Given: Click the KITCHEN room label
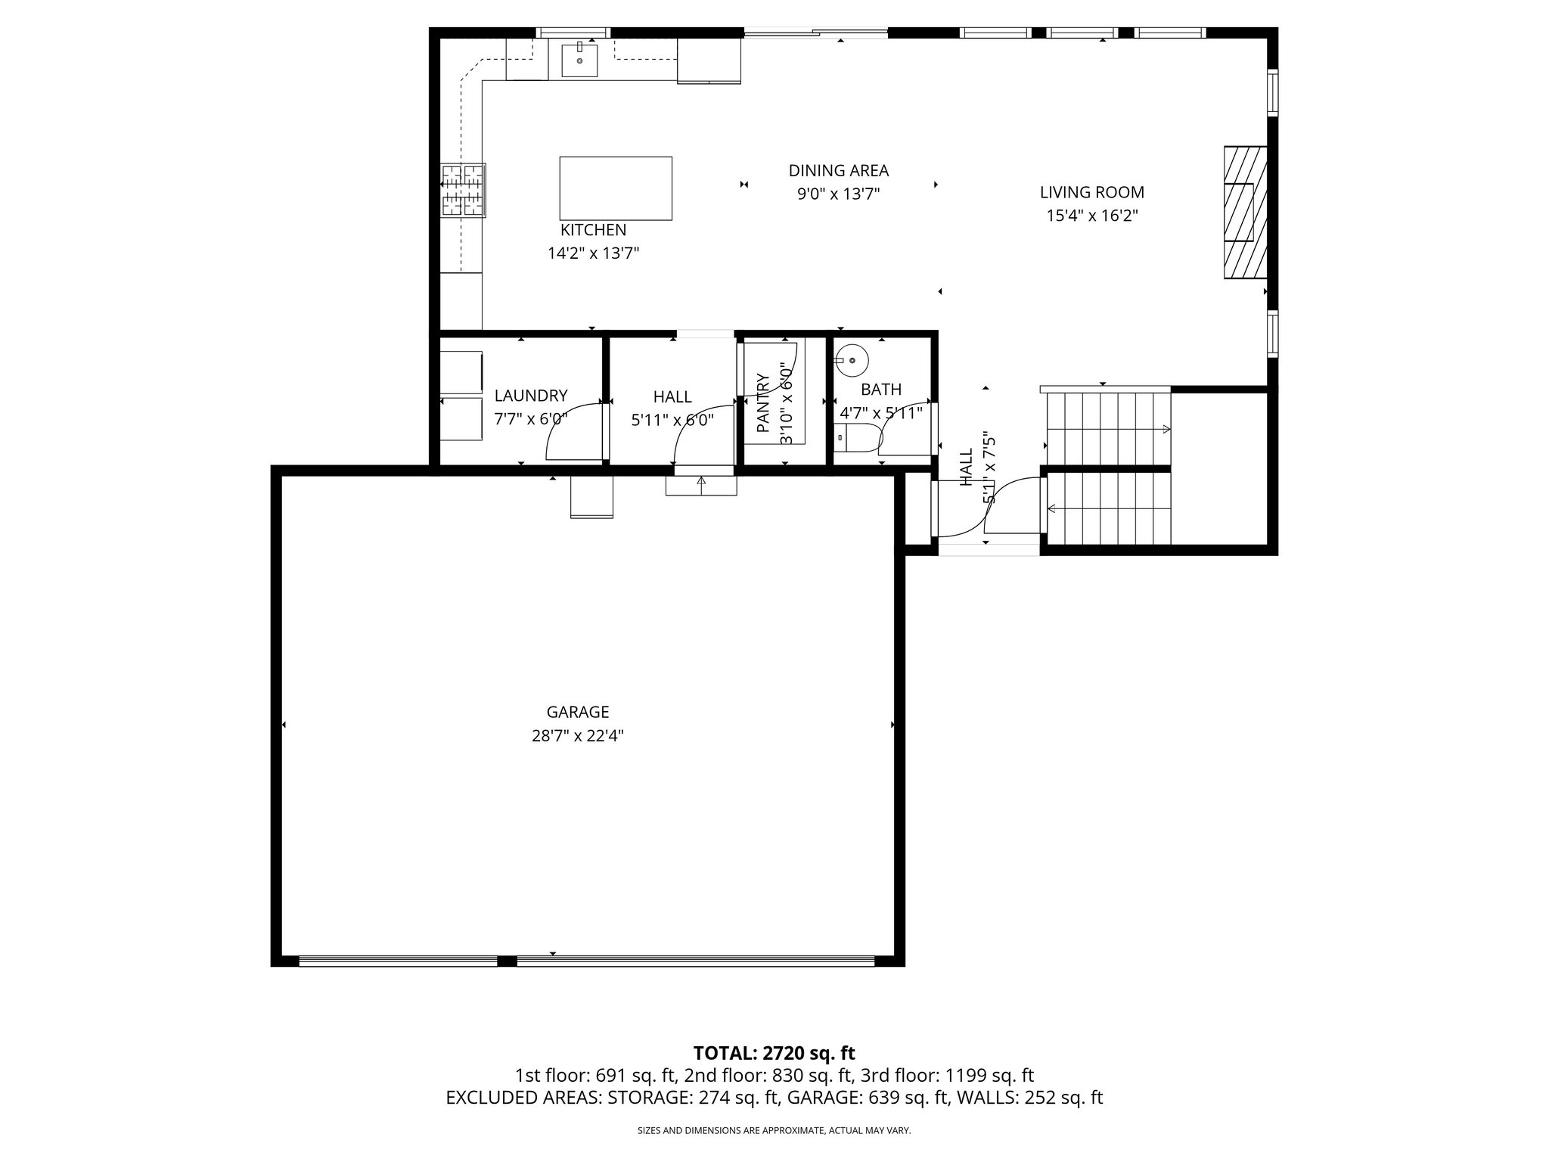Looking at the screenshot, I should tap(593, 230).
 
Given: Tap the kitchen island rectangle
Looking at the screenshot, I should tap(615, 188).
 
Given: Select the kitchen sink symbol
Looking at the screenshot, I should tap(579, 61).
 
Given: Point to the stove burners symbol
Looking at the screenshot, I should tap(463, 190).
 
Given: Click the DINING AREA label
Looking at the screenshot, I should tap(838, 171).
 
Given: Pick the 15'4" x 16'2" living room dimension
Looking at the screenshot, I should tap(1091, 216).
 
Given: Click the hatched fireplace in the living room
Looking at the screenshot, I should tap(1245, 212).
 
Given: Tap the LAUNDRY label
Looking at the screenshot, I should tap(530, 396).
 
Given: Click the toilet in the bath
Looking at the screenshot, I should tap(858, 439).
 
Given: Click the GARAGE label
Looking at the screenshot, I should tap(578, 712).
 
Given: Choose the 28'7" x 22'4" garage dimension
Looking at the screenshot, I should tap(578, 735).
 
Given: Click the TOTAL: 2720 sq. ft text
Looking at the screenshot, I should tap(774, 1053).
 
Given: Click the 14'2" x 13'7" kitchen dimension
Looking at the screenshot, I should tap(593, 253).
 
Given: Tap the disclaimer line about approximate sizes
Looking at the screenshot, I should tap(774, 1131).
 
